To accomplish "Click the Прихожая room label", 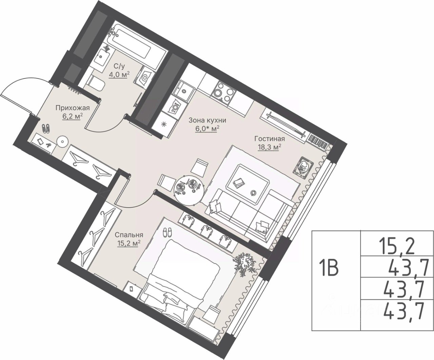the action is pos(73,108).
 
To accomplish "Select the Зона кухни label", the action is pos(207,120).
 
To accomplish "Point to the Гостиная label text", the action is pos(270,139).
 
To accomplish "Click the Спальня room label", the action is pos(129,235).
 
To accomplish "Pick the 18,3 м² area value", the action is pos(270,147).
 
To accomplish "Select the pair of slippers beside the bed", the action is pos(167,232).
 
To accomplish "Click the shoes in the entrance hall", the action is pos(46,128).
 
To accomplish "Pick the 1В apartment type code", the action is pos(330,269).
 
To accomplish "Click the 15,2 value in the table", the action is pos(397,247).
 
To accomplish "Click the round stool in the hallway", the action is pos(62,142).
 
